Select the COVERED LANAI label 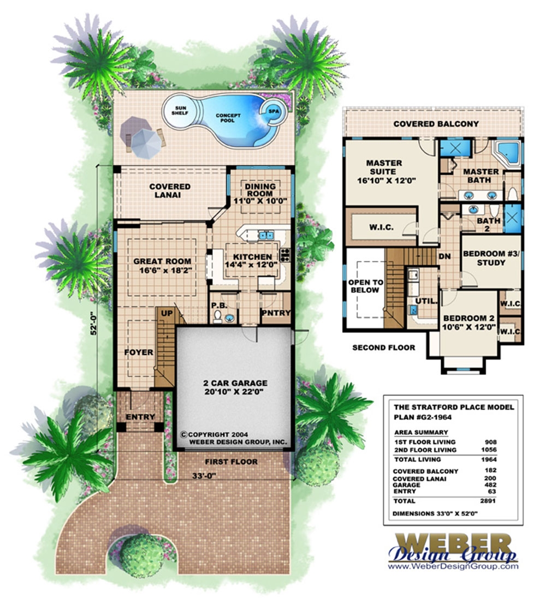(x=170, y=190)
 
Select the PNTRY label (x=276, y=313)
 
